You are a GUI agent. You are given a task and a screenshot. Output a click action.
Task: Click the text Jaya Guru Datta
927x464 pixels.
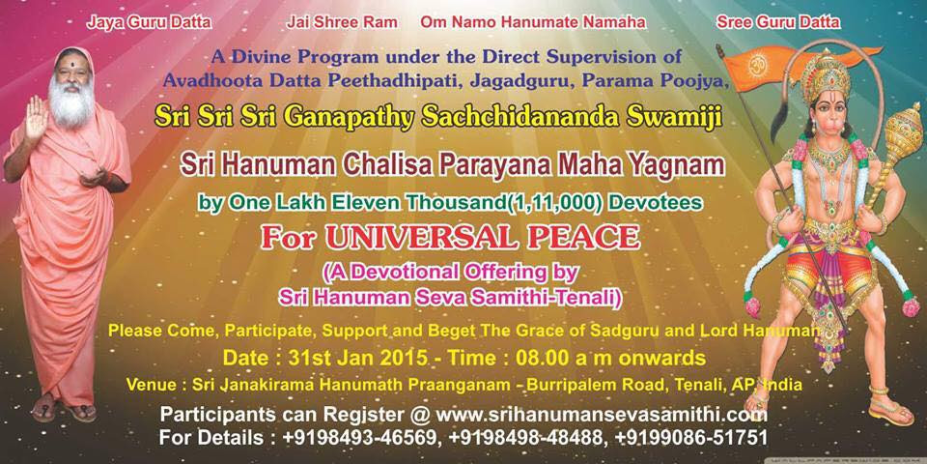coord(149,22)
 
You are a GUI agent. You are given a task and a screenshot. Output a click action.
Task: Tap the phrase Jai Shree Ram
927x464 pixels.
coord(342,22)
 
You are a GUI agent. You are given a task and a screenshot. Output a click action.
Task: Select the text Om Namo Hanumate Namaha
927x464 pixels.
coord(533,22)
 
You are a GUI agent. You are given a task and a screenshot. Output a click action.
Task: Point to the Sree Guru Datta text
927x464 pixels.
coord(778,22)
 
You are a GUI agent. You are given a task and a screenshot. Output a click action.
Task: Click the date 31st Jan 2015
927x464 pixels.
coord(358,358)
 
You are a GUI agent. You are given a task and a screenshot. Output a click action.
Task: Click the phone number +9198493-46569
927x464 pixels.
coord(362,437)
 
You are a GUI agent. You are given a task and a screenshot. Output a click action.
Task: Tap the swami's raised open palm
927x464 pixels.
coord(36,119)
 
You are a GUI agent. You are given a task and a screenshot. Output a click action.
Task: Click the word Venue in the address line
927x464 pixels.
coord(155,384)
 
